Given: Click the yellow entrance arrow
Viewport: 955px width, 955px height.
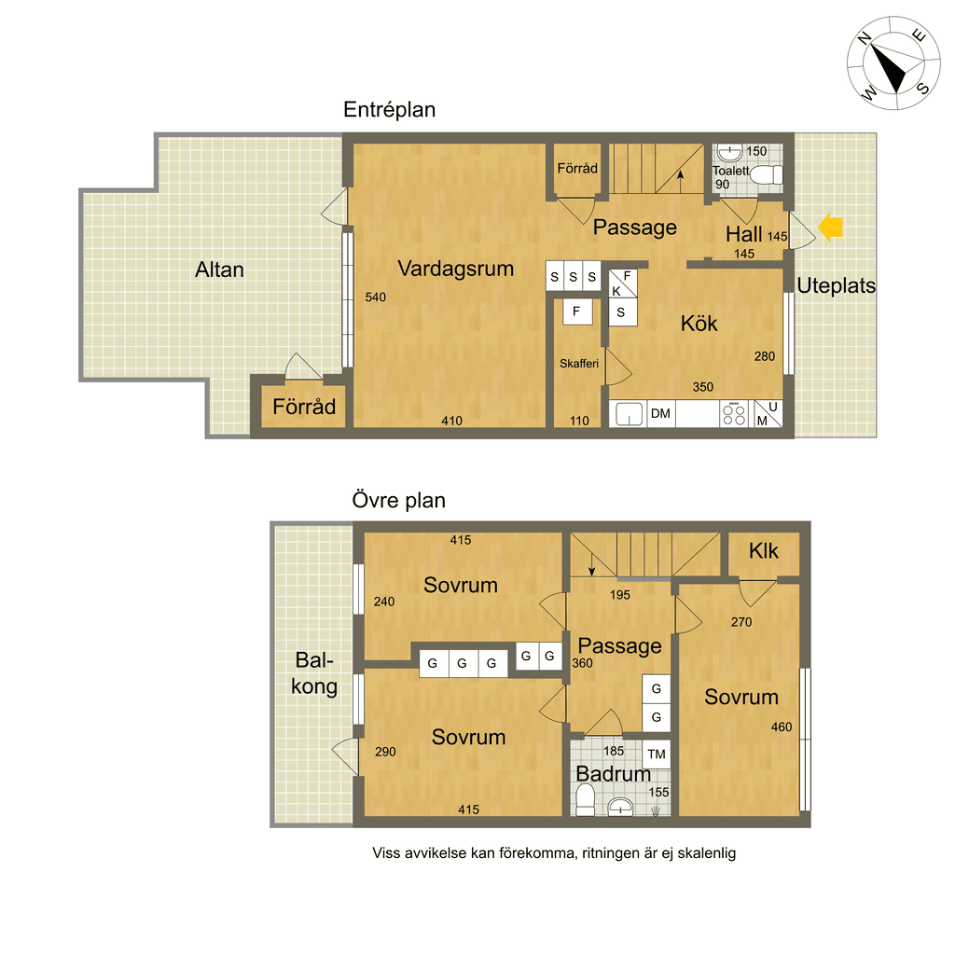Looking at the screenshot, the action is [x=830, y=228].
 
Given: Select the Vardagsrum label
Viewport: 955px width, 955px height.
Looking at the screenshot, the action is [x=455, y=269].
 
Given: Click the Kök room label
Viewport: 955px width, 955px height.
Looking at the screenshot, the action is [x=699, y=324].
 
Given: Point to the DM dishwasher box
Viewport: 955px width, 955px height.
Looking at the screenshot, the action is [x=660, y=413].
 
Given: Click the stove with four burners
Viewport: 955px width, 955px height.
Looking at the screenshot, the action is [x=734, y=413].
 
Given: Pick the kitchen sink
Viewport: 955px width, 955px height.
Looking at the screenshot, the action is [x=628, y=413].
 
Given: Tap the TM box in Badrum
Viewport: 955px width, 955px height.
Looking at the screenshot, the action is [x=657, y=754].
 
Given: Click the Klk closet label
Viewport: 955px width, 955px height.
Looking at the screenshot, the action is [x=763, y=551].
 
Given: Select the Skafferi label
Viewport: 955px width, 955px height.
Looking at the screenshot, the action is [x=578, y=364].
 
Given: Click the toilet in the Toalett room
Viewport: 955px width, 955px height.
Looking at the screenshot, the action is [x=767, y=175].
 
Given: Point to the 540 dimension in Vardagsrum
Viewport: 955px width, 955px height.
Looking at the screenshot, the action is [x=375, y=298].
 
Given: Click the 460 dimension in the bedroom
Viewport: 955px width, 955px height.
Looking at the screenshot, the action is [x=782, y=727].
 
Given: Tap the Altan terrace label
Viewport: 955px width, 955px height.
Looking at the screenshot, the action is [x=219, y=270].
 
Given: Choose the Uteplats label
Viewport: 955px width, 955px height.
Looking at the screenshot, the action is [x=837, y=285].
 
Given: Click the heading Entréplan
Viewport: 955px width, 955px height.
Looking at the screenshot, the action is [x=389, y=110].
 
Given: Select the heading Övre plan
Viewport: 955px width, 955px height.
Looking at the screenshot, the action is [x=399, y=500].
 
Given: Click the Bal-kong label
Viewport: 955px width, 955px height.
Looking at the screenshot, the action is [x=314, y=673].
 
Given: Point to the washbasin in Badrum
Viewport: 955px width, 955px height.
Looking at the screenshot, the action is [x=620, y=807].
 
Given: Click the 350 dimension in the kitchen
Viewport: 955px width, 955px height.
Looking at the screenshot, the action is [x=703, y=387].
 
